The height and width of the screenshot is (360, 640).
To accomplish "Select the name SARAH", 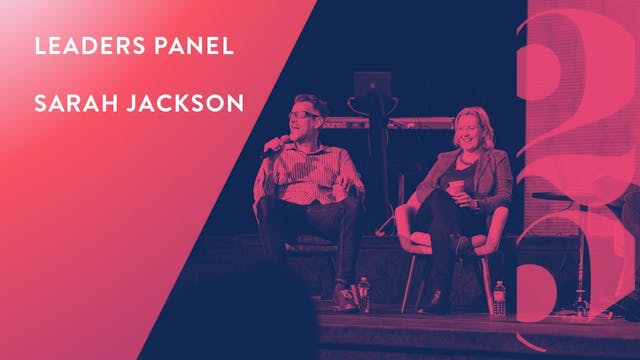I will [x=67, y=105].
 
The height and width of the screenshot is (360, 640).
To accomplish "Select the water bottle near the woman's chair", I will [x=499, y=297].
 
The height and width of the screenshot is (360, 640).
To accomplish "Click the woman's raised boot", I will [x=462, y=246].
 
